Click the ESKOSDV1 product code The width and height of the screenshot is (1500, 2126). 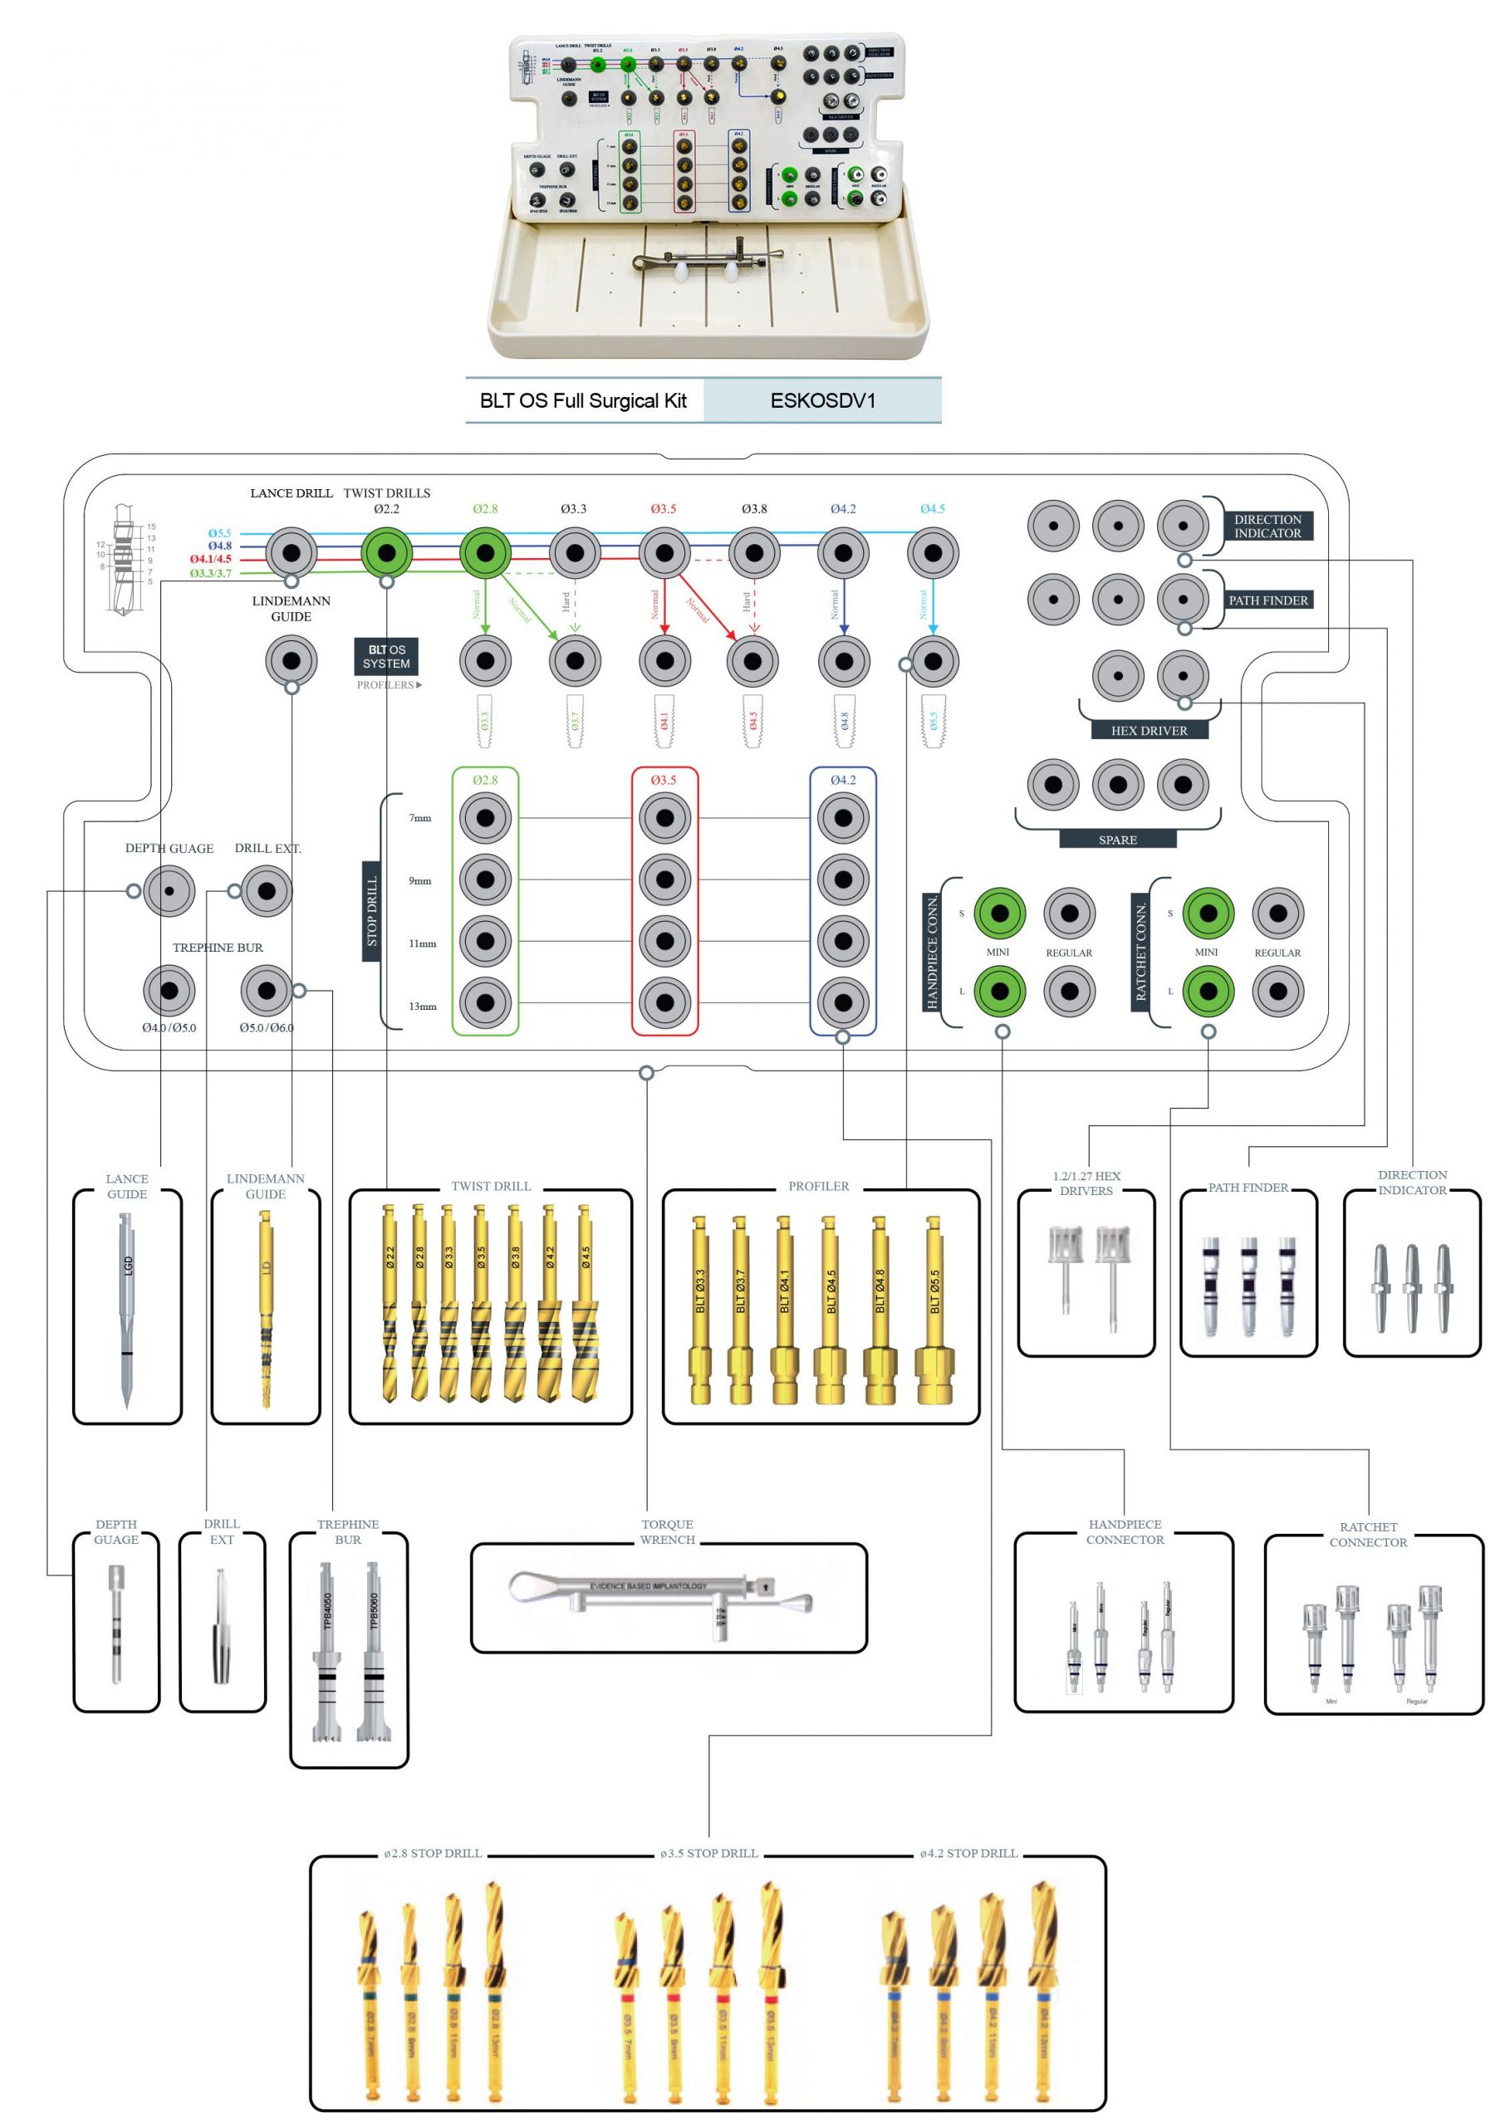pyautogui.click(x=822, y=401)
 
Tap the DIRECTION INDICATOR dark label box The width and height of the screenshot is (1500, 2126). pyautogui.click(x=1267, y=526)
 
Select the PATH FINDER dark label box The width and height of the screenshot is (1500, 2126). pyautogui.click(x=1267, y=600)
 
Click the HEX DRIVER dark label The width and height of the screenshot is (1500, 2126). pyautogui.click(x=1148, y=731)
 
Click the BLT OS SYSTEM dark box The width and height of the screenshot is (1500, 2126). pyautogui.click(x=386, y=657)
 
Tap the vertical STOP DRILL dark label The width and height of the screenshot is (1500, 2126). pyautogui.click(x=372, y=911)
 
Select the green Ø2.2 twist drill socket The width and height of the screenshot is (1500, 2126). pyautogui.click(x=386, y=553)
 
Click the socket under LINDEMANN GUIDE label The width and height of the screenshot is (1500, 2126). pyautogui.click(x=291, y=661)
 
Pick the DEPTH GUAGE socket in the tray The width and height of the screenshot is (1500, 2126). pyautogui.click(x=169, y=891)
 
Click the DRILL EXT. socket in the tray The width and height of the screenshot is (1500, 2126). pyautogui.click(x=267, y=891)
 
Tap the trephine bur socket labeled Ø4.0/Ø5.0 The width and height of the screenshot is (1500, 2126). pyautogui.click(x=169, y=990)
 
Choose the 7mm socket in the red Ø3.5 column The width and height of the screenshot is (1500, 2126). pyautogui.click(x=664, y=819)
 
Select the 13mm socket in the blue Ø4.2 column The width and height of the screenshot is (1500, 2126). pyautogui.click(x=842, y=1002)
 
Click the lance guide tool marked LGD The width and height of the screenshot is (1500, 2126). pyautogui.click(x=127, y=1305)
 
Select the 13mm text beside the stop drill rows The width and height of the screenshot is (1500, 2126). pyautogui.click(x=422, y=1007)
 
